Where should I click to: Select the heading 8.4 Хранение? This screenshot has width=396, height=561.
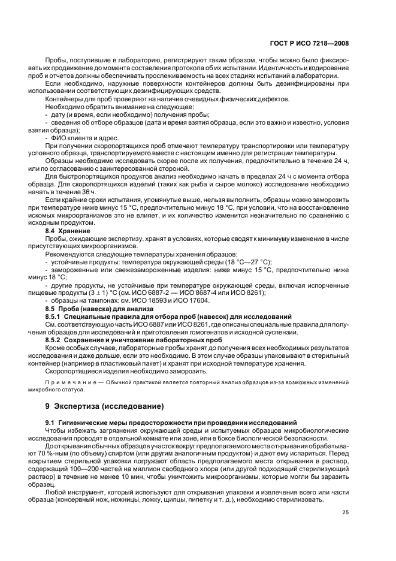pos(68,230)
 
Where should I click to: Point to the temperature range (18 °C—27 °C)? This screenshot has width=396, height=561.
pos(241,261)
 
